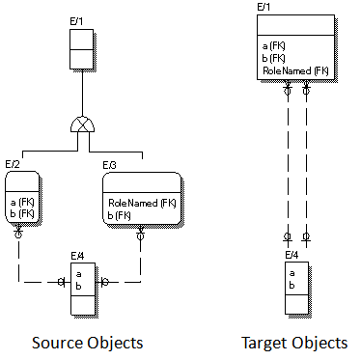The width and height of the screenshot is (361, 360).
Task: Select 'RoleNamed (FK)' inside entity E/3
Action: coord(141,203)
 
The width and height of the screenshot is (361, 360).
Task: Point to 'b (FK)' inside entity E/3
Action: coord(120,214)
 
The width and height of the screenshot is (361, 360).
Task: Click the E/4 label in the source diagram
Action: coord(78,255)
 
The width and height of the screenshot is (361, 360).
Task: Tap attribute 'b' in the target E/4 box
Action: coord(292,286)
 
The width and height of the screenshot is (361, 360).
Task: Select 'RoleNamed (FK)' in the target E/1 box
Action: coord(294,70)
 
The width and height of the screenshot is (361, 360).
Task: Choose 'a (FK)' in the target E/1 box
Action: coord(274,45)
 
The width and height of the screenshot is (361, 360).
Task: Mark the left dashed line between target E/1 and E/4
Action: coord(288,164)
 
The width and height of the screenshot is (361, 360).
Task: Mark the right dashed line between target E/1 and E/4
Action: coord(307,164)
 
